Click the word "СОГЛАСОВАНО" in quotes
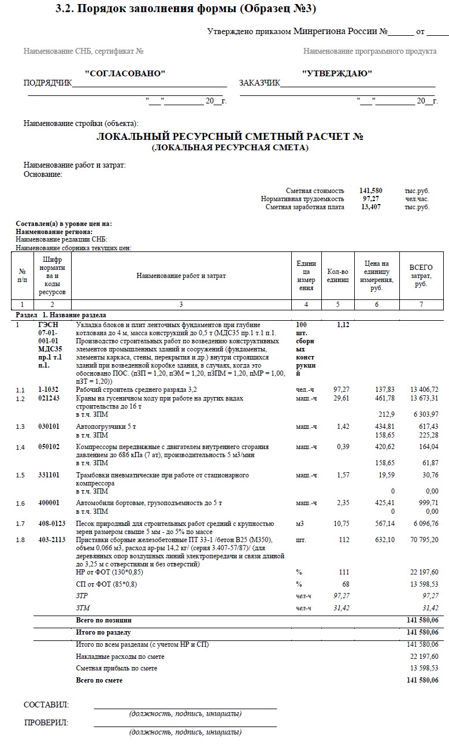125,73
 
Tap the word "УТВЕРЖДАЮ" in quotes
337,73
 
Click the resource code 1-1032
48,390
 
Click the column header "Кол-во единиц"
337,276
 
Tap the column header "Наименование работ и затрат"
181,276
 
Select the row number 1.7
21,524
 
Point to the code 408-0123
53,524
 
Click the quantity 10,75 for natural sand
341,524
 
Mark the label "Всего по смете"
99,680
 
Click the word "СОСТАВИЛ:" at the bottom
46,705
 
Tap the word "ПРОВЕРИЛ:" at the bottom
46,722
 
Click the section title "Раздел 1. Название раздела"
61,316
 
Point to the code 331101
50,475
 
